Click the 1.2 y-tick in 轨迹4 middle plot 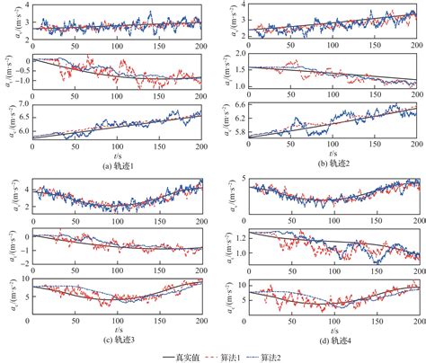(235, 236)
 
